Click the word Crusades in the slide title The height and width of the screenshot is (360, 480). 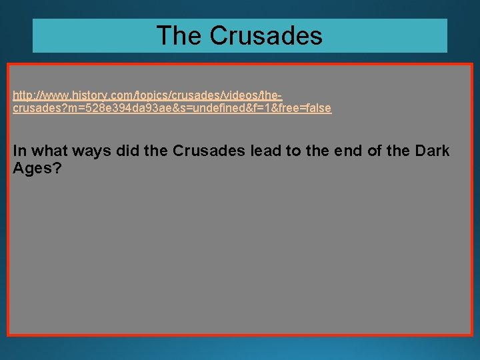tap(267, 35)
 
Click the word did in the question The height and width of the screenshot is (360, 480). tap(128, 151)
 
